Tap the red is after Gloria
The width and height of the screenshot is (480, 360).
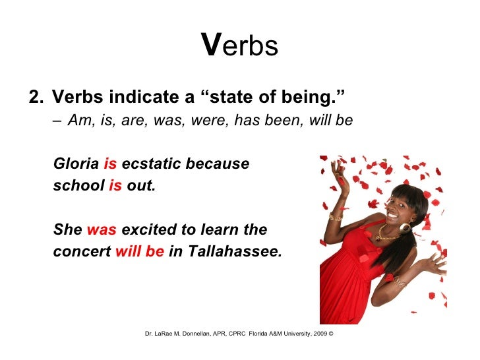click(x=110, y=164)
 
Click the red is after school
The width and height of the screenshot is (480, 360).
click(x=115, y=186)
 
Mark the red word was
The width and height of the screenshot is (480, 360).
click(x=102, y=229)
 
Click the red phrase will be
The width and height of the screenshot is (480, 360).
click(x=139, y=252)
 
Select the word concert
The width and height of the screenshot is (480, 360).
click(x=82, y=252)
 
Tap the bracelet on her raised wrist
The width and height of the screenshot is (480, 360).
click(x=337, y=216)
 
